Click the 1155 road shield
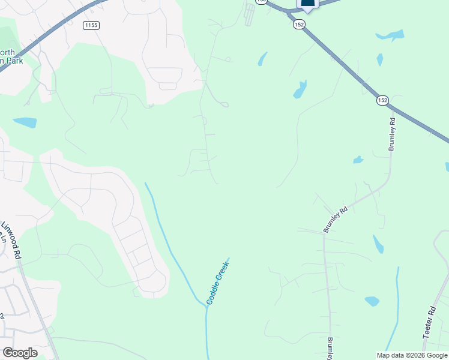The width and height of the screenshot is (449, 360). pyautogui.click(x=91, y=25)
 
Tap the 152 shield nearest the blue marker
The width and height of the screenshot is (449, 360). pyautogui.click(x=300, y=24)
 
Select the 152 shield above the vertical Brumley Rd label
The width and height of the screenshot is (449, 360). pyautogui.click(x=382, y=100)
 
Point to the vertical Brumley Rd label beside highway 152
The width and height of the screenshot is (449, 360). pyautogui.click(x=392, y=133)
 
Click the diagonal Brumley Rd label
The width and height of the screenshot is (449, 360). pyautogui.click(x=336, y=220)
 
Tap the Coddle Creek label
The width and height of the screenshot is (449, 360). pyautogui.click(x=218, y=281)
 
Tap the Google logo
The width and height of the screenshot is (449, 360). pyautogui.click(x=20, y=353)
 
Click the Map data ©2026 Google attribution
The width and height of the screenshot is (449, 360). pyautogui.click(x=412, y=355)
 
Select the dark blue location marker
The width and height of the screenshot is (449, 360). pyautogui.click(x=307, y=4)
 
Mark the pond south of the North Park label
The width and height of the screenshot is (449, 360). pyautogui.click(x=25, y=122)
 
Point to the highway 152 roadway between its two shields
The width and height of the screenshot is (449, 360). pyautogui.click(x=342, y=64)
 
